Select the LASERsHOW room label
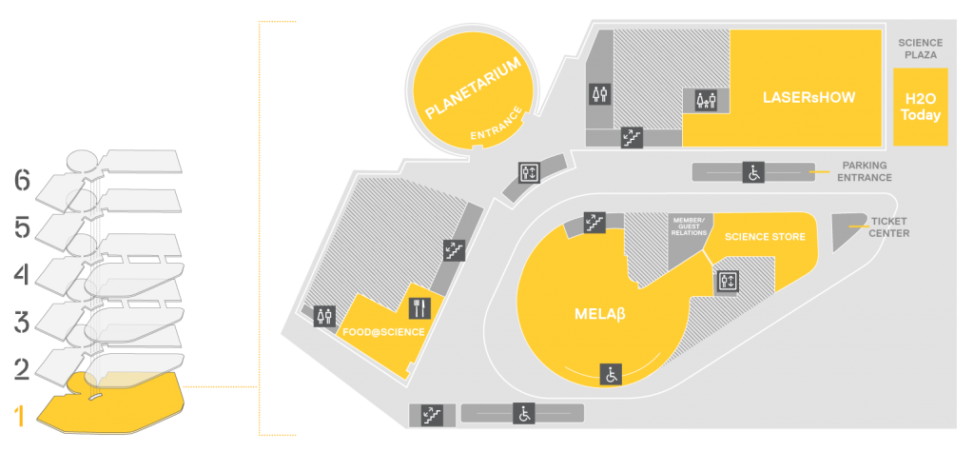(x=808, y=98)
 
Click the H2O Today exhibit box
(x=921, y=107)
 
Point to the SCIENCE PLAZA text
(x=921, y=49)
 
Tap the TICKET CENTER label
(x=889, y=227)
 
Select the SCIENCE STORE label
(x=766, y=237)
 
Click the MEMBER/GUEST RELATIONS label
(x=690, y=226)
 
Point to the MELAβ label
(x=599, y=314)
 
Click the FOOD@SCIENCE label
(x=384, y=333)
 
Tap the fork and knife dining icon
(x=419, y=307)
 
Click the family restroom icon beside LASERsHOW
(x=707, y=100)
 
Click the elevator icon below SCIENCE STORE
(x=726, y=281)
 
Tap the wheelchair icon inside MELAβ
(x=612, y=374)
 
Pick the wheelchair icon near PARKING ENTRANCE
(x=753, y=172)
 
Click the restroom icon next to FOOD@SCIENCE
(x=325, y=315)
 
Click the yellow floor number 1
(x=20, y=416)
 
